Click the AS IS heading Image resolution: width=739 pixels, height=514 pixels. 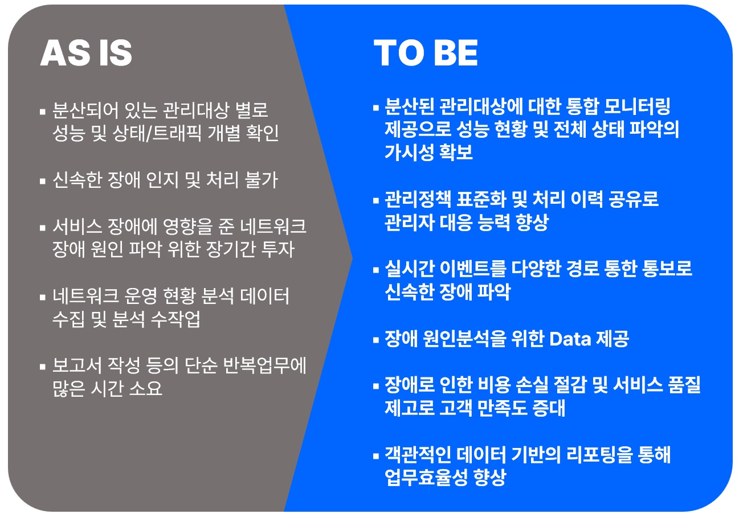tap(86, 53)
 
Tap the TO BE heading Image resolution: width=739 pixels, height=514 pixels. tap(426, 53)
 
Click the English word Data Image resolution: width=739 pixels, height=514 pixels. tap(570, 339)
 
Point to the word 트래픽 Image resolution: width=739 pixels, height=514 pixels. tap(177, 133)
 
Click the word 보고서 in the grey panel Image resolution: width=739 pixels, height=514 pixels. tap(77, 365)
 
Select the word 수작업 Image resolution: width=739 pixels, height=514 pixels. tap(175, 319)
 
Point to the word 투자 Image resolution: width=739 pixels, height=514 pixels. tap(278, 249)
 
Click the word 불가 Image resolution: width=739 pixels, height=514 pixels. tap(262, 180)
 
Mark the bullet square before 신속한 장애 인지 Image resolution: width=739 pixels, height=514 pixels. tap(43, 181)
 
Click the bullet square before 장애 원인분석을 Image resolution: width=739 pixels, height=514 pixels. tap(376, 340)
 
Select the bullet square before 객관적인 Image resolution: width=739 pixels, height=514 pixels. tap(376, 456)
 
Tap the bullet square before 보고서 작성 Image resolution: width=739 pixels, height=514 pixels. tap(43, 367)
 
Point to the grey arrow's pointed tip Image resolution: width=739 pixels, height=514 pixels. tap(352, 258)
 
